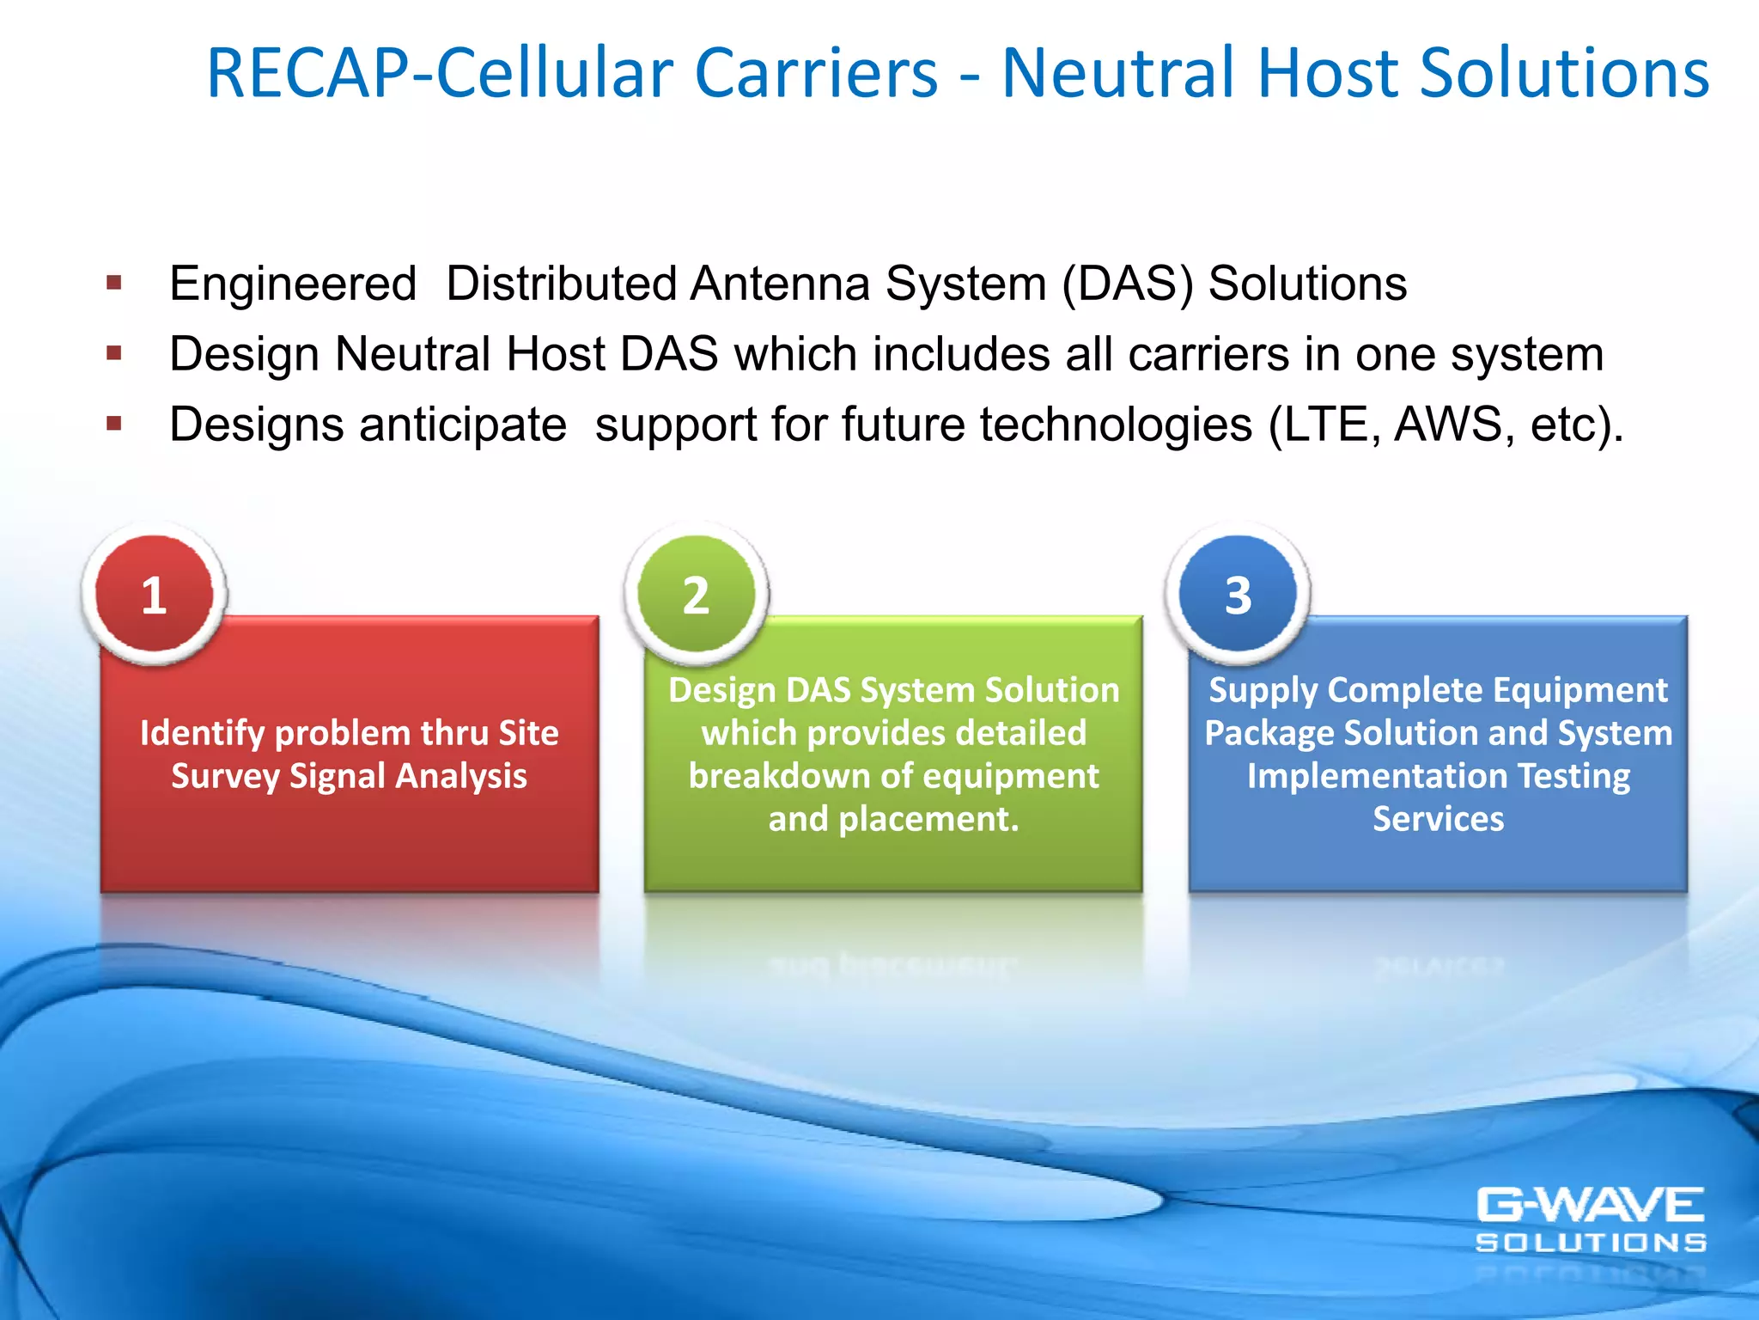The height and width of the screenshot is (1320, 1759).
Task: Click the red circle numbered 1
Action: point(155,594)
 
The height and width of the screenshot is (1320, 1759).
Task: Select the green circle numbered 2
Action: point(697,594)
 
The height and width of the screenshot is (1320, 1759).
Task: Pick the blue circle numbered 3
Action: point(1238,594)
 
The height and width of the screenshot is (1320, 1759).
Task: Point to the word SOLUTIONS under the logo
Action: point(1591,1243)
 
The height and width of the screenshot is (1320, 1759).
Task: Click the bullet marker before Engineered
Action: point(114,283)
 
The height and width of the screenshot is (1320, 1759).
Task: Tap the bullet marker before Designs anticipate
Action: point(114,423)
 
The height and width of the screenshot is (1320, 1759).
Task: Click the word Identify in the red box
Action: point(202,734)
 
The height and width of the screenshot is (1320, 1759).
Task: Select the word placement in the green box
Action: point(928,819)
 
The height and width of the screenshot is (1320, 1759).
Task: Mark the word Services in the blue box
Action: point(1438,819)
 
